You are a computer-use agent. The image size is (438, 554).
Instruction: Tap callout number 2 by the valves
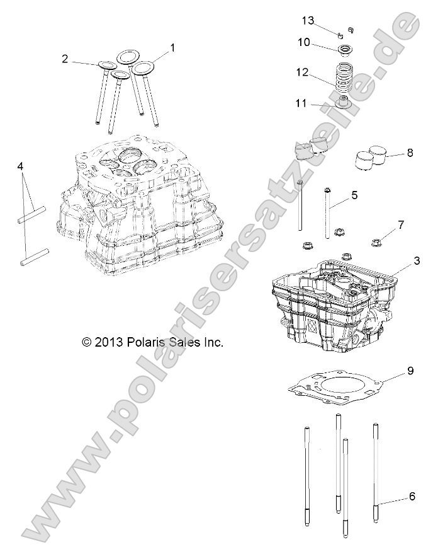pos(65,59)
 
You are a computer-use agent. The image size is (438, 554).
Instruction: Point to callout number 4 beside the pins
pos(21,166)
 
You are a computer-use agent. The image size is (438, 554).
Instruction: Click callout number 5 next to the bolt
pos(354,195)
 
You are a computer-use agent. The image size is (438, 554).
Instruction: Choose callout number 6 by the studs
pos(412,497)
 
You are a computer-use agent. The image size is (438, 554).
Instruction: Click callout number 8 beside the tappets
pos(410,153)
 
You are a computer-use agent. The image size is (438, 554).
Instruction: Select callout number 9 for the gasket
pos(410,371)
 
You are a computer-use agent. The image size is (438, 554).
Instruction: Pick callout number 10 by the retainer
pos(303,42)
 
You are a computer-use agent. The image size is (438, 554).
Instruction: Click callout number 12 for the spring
pos(303,72)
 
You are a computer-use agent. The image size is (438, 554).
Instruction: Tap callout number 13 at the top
pos(308,21)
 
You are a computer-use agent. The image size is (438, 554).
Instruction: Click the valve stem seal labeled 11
pos(344,102)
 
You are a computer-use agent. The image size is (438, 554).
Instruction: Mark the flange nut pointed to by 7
pos(378,239)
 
